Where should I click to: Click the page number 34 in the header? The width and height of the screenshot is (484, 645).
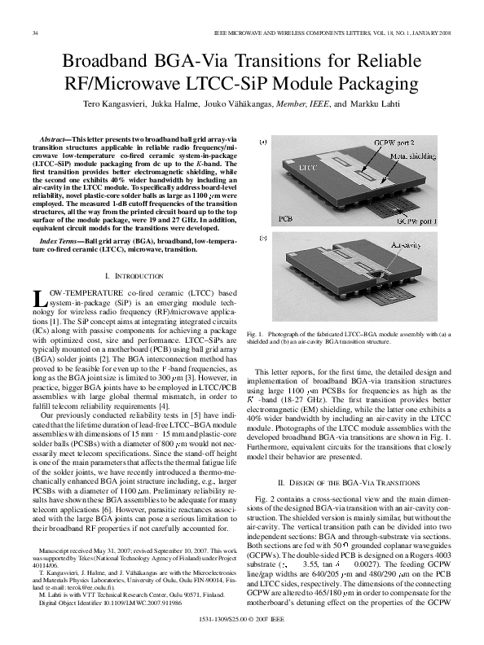(x=34, y=33)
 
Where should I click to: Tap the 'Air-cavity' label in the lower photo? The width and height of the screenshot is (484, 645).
(x=408, y=244)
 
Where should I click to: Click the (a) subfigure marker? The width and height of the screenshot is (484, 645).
(x=262, y=143)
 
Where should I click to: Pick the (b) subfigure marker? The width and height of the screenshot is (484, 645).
(x=262, y=238)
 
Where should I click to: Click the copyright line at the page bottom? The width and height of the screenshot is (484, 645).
(x=242, y=620)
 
